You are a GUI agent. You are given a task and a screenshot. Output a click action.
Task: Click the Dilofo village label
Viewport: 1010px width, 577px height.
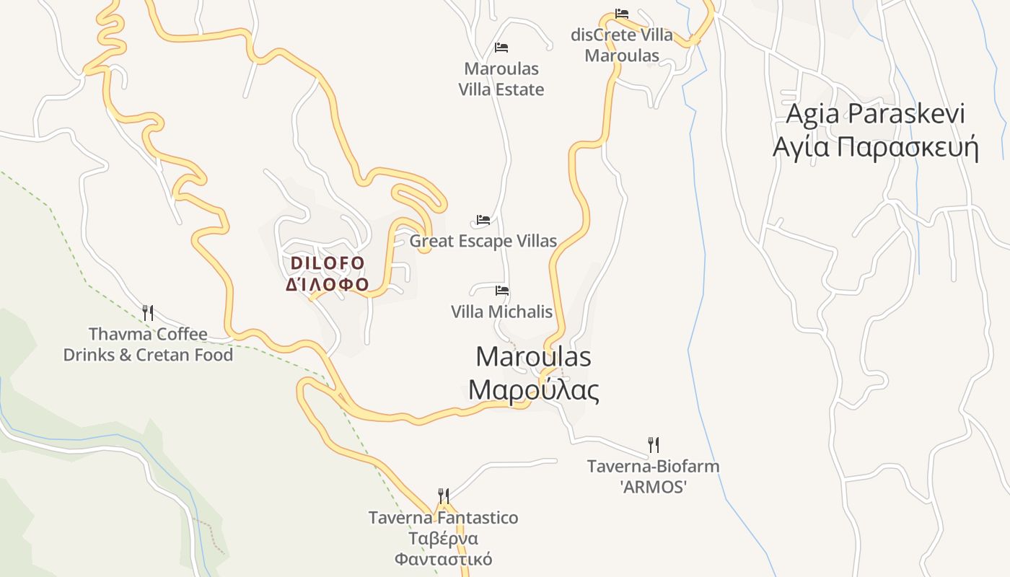[x=328, y=263]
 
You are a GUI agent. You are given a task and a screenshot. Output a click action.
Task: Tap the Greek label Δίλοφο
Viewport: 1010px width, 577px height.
[x=328, y=283]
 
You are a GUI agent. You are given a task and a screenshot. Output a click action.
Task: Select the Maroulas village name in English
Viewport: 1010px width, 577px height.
[x=533, y=356]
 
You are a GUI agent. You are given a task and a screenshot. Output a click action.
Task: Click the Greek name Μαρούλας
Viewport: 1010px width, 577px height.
[x=533, y=390]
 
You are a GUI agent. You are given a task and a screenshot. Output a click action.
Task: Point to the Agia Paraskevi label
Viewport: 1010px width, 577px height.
[x=875, y=114]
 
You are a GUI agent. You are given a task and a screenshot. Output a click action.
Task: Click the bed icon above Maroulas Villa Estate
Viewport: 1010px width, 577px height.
[x=501, y=48]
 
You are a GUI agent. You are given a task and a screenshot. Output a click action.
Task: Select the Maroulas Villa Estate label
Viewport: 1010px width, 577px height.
[x=501, y=79]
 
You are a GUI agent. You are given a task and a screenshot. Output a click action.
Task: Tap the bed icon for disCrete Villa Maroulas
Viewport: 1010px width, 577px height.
[x=622, y=14]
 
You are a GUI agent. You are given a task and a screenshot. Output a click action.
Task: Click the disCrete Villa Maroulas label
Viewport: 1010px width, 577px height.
[x=622, y=45]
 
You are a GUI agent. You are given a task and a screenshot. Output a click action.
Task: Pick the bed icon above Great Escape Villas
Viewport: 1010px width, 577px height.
[x=483, y=220]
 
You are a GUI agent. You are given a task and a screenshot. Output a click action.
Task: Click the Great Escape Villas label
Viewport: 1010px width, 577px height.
[x=483, y=241]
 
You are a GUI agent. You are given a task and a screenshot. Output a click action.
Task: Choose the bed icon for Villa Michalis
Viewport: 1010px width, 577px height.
[x=502, y=291]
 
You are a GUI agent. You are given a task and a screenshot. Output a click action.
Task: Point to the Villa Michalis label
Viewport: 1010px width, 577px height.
[x=502, y=312]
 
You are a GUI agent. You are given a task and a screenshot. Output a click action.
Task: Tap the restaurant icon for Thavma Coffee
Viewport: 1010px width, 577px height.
[x=148, y=312]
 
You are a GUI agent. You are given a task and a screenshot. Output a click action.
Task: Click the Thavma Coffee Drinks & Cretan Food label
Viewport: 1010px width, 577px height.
[x=148, y=345]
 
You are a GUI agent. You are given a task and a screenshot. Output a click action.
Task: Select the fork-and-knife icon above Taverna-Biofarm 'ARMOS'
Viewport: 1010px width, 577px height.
[x=654, y=444]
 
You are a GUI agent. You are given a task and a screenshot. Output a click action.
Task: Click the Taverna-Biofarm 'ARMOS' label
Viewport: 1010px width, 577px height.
[x=654, y=476]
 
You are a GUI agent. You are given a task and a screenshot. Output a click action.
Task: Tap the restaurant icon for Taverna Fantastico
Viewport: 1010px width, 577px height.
[x=444, y=496]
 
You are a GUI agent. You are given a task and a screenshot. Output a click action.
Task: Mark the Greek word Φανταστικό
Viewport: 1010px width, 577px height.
[x=444, y=559]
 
